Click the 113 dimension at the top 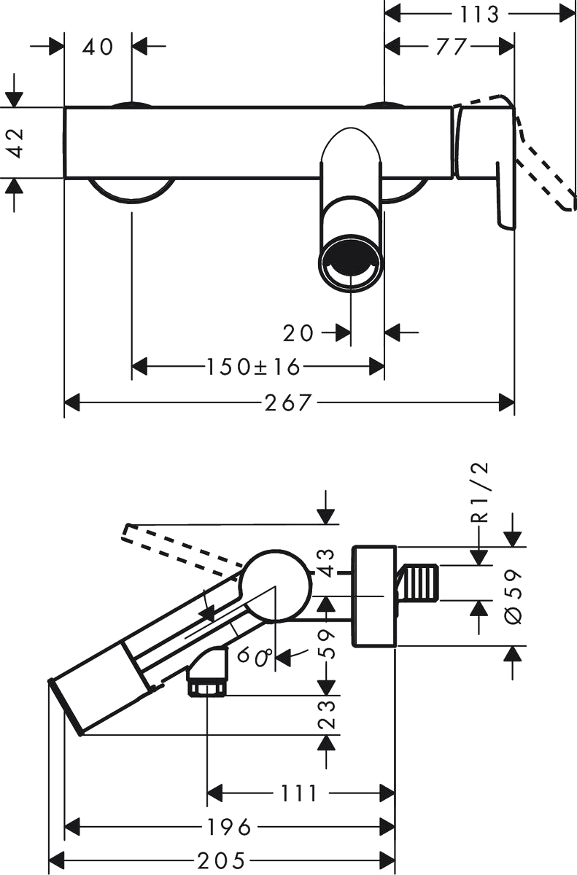[x=479, y=15]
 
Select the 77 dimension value [x=452, y=47]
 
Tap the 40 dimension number [x=98, y=47]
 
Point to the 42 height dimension [x=15, y=143]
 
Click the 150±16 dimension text [x=253, y=367]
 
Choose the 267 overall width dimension [x=288, y=402]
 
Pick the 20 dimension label [x=298, y=333]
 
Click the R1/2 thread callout [x=481, y=493]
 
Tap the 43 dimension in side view [x=326, y=563]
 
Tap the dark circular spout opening [x=350, y=261]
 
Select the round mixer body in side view [x=276, y=586]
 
